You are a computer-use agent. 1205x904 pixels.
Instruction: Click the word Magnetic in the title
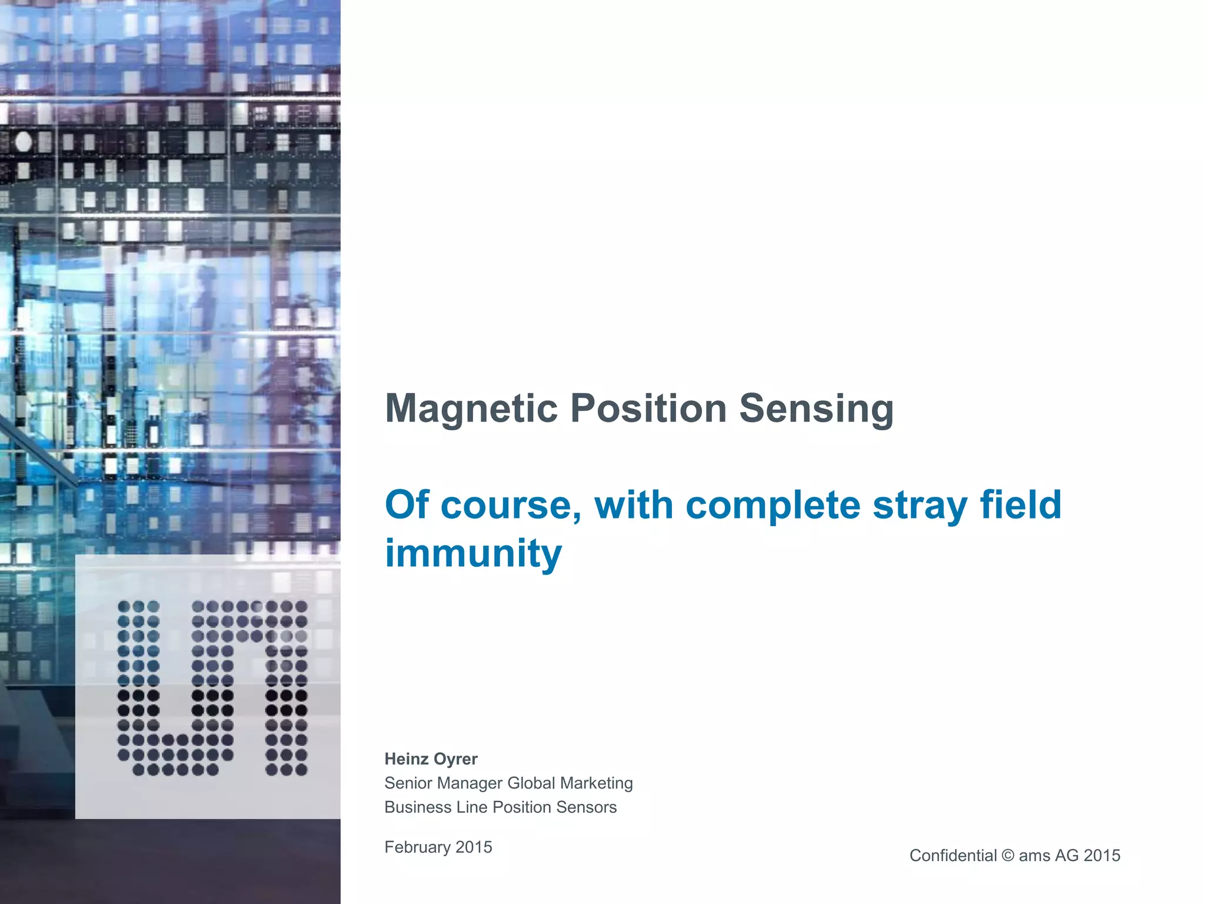coord(471,408)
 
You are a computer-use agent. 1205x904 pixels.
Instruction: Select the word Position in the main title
coord(648,408)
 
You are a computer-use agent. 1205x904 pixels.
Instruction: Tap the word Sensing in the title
coord(816,408)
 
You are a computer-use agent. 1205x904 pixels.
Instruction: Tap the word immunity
coord(473,553)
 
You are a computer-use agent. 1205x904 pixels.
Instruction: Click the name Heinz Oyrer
coord(431,759)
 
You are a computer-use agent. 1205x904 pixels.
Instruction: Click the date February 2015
coord(438,847)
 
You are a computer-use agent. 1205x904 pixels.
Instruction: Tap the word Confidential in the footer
coord(953,856)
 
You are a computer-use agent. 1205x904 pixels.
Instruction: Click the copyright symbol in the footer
coord(1008,856)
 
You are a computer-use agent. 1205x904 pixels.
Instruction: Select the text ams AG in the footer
coord(1048,856)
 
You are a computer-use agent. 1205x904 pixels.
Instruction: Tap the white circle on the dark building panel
coord(24,142)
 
